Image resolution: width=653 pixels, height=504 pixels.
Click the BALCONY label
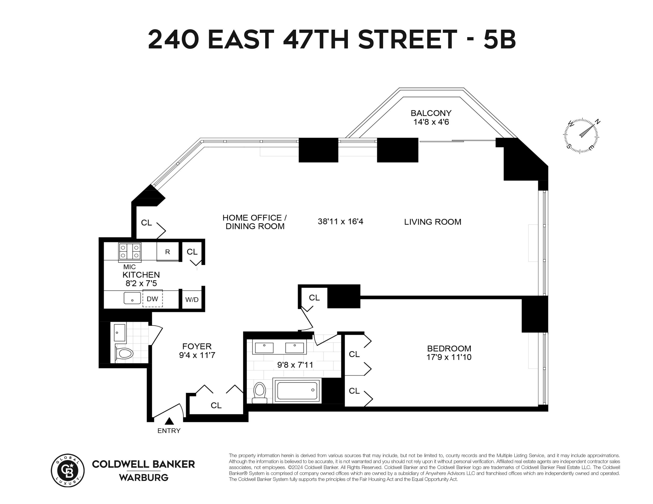(x=431, y=113)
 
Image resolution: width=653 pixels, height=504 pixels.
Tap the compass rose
(x=581, y=136)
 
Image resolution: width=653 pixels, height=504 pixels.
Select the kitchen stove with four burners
(x=130, y=251)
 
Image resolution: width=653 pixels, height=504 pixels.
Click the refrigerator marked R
(x=168, y=252)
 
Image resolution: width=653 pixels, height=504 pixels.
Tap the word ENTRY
(x=169, y=430)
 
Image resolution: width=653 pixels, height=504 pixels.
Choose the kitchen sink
(x=132, y=298)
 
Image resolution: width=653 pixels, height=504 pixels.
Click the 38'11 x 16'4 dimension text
(x=340, y=221)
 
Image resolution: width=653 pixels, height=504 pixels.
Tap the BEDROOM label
(x=449, y=348)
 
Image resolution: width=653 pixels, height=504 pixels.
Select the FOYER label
(x=197, y=346)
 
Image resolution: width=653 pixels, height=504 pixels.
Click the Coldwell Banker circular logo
(x=68, y=471)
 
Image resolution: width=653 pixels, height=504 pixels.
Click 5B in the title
(x=500, y=39)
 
